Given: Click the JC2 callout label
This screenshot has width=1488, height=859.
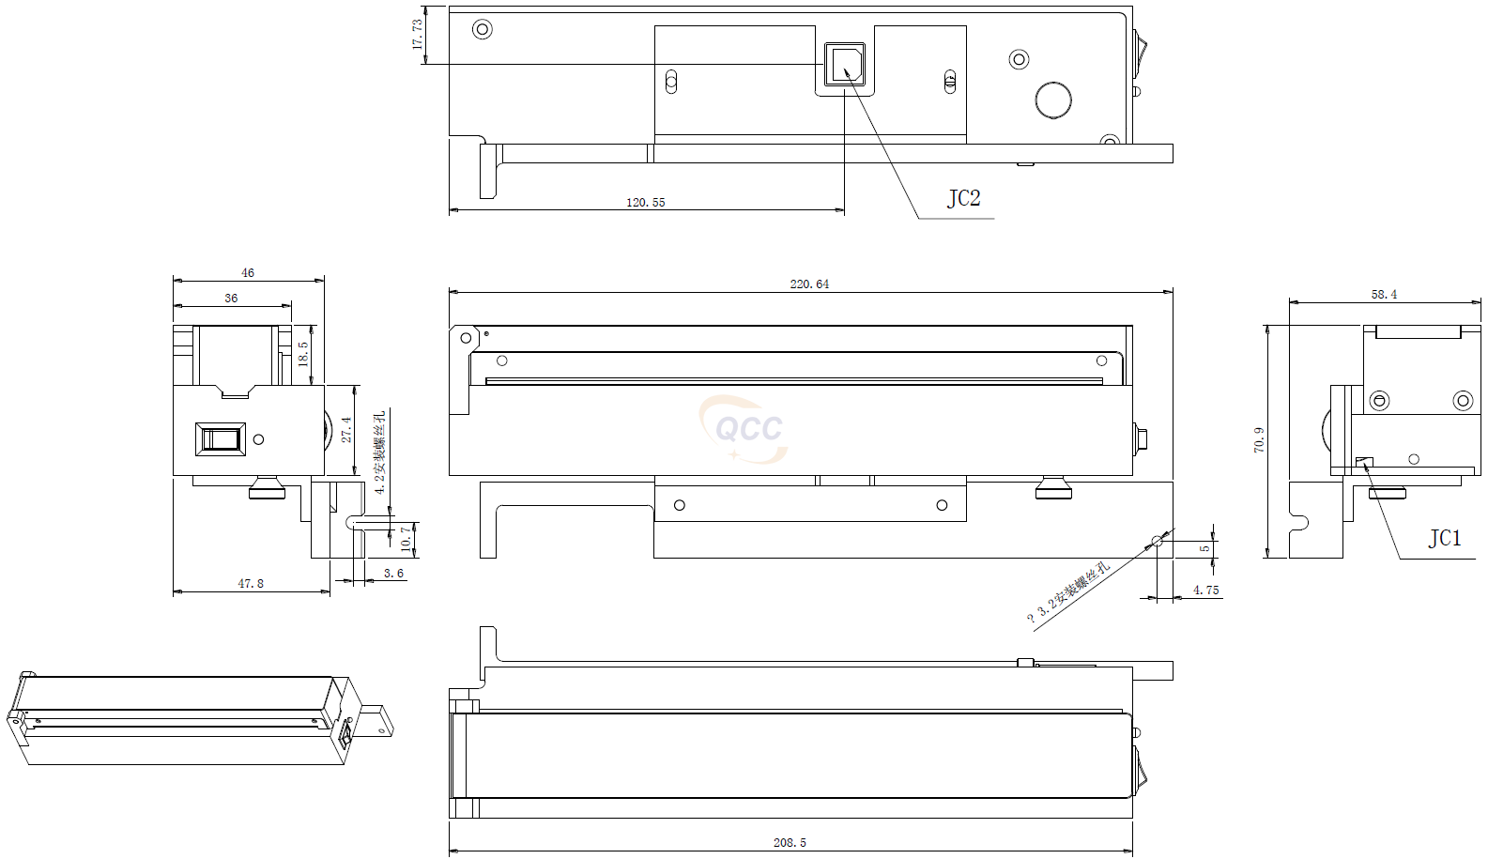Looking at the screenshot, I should pyautogui.click(x=963, y=198).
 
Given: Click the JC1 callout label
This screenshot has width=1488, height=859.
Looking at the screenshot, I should pyautogui.click(x=1445, y=538).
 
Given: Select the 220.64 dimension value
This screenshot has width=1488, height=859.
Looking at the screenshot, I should pyautogui.click(x=809, y=284).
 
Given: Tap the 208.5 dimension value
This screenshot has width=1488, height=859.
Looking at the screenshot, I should pyautogui.click(x=790, y=842).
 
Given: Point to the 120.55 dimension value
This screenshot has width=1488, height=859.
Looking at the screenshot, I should pyautogui.click(x=645, y=202).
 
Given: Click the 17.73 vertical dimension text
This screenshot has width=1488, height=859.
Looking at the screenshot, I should pyautogui.click(x=417, y=36).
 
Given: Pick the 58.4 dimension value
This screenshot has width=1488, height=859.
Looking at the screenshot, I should pyautogui.click(x=1384, y=294).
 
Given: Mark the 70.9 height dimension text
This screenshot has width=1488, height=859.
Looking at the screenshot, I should pyautogui.click(x=1259, y=440).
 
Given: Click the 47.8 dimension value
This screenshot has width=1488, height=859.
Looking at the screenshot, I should pyautogui.click(x=251, y=583).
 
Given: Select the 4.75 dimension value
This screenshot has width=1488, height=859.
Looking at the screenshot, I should pyautogui.click(x=1205, y=590).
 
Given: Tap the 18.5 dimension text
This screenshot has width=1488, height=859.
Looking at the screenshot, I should pyautogui.click(x=303, y=353).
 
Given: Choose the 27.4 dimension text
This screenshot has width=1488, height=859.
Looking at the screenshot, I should pyautogui.click(x=346, y=430).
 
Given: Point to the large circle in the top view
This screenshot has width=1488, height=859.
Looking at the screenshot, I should pyautogui.click(x=1053, y=100).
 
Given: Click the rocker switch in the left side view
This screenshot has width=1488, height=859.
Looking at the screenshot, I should pyautogui.click(x=221, y=438).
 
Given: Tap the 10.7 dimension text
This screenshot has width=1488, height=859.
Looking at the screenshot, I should pyautogui.click(x=406, y=538).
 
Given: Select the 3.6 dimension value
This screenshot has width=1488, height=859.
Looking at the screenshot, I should pyautogui.click(x=393, y=573).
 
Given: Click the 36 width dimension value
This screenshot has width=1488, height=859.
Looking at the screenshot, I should pyautogui.click(x=231, y=298).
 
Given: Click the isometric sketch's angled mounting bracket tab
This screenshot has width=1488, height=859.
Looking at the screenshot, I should pyautogui.click(x=377, y=720).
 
